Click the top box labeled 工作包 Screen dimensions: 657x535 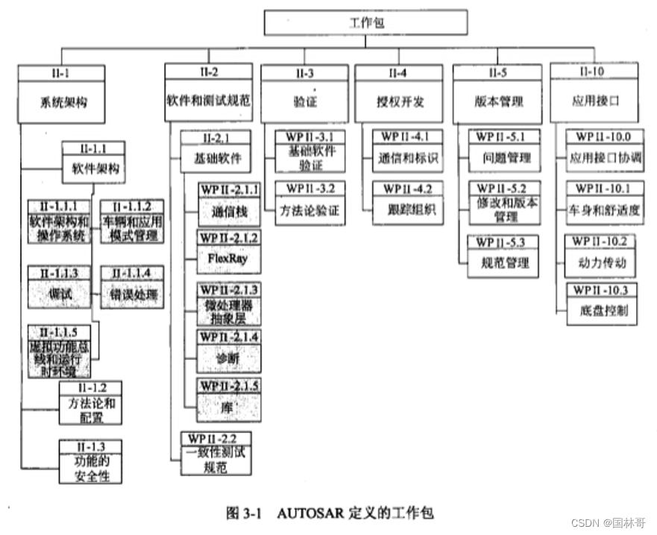coord(365,22)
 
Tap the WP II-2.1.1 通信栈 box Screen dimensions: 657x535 coord(228,205)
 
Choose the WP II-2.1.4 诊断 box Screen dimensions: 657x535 coord(228,351)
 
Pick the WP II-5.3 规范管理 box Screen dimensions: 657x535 coord(503,256)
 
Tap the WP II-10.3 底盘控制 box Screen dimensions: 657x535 coord(602,303)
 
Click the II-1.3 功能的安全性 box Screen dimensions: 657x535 coord(91,461)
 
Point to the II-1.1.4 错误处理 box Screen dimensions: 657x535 coord(132,287)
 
